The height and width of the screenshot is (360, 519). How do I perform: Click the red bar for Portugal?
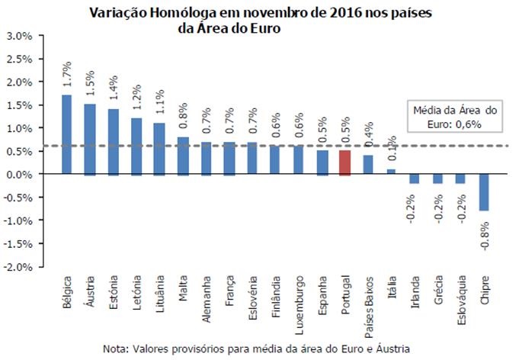[344, 162]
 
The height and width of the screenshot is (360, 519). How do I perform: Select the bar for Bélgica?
[66, 135]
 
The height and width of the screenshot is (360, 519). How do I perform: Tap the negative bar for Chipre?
[484, 192]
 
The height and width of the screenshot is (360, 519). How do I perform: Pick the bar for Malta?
[182, 156]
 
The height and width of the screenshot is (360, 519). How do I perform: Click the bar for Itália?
[391, 172]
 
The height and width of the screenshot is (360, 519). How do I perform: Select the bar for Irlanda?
[414, 178]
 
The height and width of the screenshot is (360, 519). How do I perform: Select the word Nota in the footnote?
[117, 349]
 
